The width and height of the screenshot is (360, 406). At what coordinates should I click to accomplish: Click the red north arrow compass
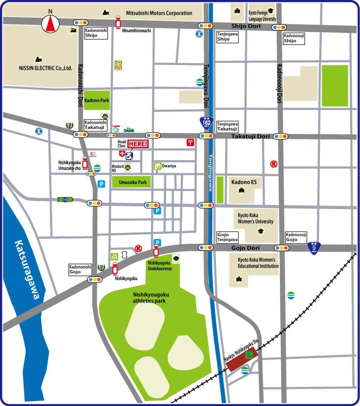[x=50, y=23]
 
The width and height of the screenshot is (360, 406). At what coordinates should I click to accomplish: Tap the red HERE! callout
[x=137, y=144]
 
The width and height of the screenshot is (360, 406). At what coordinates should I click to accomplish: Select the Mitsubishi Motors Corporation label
[x=159, y=13]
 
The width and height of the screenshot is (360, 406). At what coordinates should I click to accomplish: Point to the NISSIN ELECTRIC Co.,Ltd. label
[x=45, y=68]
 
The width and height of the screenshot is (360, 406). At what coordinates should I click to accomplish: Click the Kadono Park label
[x=97, y=100]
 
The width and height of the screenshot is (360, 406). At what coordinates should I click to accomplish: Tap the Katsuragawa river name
[x=27, y=270]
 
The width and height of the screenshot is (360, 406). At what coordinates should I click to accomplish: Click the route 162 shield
[x=206, y=123]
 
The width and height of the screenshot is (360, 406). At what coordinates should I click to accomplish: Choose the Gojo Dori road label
[x=245, y=248]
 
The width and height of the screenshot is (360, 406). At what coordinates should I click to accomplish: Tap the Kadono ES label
[x=244, y=182]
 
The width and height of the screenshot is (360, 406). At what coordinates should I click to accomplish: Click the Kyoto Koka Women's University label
[x=256, y=219]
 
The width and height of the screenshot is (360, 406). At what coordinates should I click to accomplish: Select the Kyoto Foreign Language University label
[x=261, y=16]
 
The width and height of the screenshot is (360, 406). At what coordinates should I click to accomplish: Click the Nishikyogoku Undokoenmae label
[x=159, y=265]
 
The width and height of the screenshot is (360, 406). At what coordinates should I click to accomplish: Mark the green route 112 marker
[x=65, y=200]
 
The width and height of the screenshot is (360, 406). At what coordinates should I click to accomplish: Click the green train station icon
[x=248, y=355]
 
